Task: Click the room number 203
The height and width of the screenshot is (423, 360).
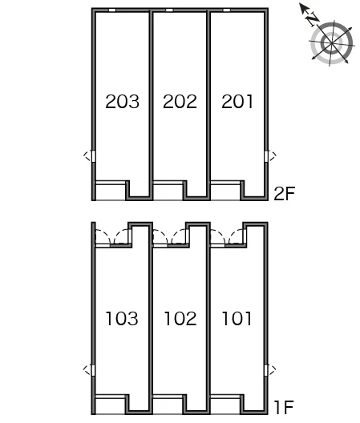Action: click(123, 102)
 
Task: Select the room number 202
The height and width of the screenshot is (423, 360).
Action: click(180, 102)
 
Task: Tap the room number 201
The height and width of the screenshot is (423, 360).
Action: click(237, 102)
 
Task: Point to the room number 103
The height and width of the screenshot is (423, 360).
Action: click(122, 318)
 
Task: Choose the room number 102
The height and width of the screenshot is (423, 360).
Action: click(180, 318)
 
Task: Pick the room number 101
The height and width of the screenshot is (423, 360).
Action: click(237, 318)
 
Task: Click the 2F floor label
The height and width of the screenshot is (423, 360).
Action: click(284, 193)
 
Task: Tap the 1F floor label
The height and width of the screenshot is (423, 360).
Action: click(284, 407)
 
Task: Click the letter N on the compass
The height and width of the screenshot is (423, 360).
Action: click(312, 19)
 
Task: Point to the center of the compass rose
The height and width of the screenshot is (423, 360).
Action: click(331, 43)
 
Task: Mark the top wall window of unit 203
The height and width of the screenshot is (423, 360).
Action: click(112, 10)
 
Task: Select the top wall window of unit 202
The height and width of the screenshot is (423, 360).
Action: click(169, 10)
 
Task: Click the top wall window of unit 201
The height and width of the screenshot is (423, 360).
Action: click(227, 10)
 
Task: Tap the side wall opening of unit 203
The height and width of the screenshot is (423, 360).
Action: click(94, 156)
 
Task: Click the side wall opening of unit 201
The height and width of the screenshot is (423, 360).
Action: click(266, 156)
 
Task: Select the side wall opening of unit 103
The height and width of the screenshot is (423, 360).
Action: click(94, 370)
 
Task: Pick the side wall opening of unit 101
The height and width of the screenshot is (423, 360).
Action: click(266, 370)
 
